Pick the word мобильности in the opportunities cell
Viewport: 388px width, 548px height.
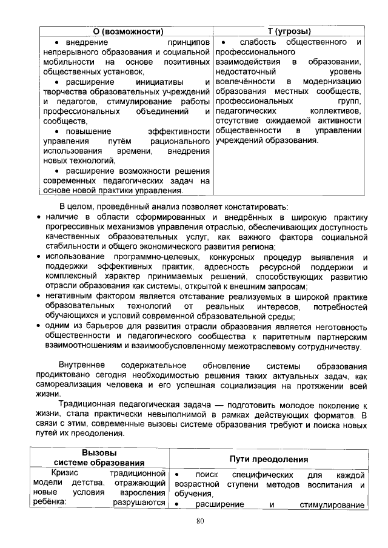point(65,62)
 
